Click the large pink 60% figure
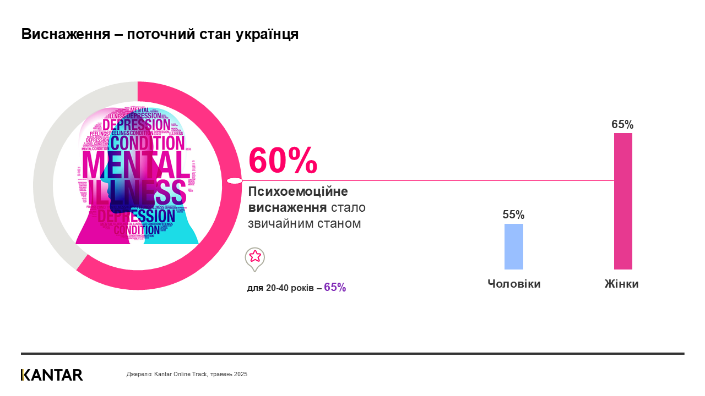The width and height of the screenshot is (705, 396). tap(283, 160)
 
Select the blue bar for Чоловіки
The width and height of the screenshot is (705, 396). tap(514, 246)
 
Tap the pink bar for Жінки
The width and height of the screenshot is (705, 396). tap(623, 201)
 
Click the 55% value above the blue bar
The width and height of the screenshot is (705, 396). tap(513, 215)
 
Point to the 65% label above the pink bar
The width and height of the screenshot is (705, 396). tap(622, 124)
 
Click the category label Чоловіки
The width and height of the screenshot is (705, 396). tap(514, 284)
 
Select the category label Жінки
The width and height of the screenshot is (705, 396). tap(621, 284)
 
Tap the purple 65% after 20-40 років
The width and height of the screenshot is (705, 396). tap(335, 287)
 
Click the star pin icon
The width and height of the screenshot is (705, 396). tap(255, 257)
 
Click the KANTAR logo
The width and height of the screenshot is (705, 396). tap(52, 375)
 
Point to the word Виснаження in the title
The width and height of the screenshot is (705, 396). tap(63, 34)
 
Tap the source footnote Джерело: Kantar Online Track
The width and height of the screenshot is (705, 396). tap(187, 374)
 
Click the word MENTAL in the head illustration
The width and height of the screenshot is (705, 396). tap(135, 165)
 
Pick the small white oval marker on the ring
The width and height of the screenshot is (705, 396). tap(235, 180)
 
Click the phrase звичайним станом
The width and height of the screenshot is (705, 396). tap(304, 223)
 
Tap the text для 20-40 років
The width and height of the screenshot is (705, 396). tap(280, 288)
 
